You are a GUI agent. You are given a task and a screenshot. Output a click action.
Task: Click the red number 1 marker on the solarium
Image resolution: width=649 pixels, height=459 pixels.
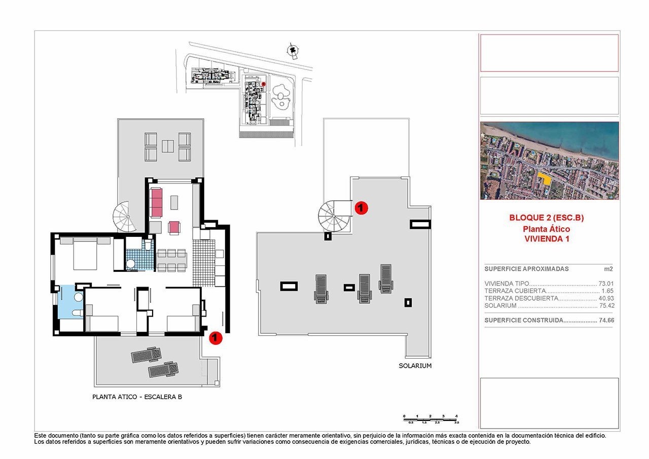click(360, 207)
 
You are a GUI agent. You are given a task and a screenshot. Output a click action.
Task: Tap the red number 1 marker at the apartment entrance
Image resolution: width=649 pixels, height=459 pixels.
click(215, 337)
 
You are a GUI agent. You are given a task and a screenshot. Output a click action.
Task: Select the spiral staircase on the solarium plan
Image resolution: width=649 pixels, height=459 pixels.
click(333, 216)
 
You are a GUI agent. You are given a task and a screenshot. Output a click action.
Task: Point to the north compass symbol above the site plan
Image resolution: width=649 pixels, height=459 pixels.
click(292, 50)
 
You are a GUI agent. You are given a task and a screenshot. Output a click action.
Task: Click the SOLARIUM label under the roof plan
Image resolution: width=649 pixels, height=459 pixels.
click(415, 366)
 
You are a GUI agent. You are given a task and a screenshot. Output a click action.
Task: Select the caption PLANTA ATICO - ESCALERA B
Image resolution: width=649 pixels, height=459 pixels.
click(137, 397)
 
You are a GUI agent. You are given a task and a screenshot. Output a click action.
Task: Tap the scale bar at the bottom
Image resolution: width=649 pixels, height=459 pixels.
click(431, 418)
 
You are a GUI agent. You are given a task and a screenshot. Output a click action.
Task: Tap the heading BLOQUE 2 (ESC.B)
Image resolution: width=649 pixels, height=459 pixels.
click(547, 218)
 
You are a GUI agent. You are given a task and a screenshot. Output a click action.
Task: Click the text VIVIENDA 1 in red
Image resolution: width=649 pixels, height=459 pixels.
click(547, 239)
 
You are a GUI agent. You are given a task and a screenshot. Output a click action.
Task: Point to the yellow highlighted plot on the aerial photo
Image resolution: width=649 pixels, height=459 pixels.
click(545, 179)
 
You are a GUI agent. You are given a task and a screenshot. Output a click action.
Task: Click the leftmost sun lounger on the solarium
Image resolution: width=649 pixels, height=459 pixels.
click(321, 289)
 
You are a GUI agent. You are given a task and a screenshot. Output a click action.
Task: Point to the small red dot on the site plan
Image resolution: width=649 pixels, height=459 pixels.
click(264, 84)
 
